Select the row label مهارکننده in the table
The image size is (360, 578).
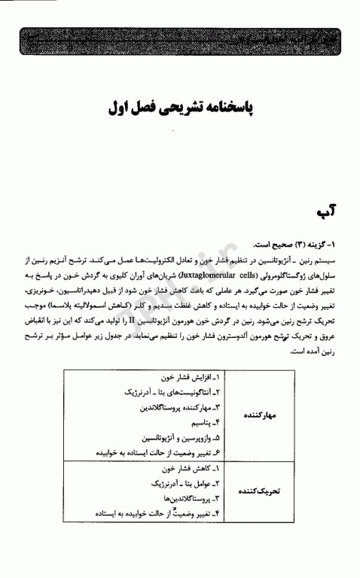click(263, 415)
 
